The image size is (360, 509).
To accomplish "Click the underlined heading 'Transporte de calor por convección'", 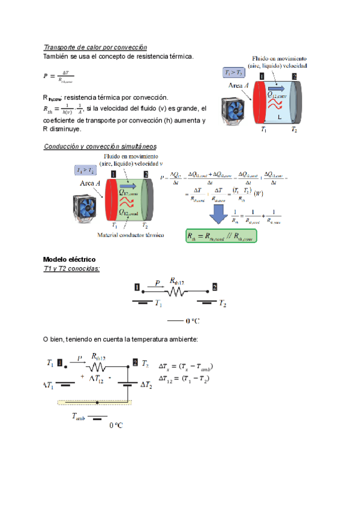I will pyautogui.click(x=95, y=47).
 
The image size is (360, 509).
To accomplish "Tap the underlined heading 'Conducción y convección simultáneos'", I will pyautogui.click(x=100, y=146).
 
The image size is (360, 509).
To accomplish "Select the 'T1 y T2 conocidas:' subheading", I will pyautogui.click(x=71, y=268).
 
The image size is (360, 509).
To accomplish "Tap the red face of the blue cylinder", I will pyautogui.click(x=260, y=101).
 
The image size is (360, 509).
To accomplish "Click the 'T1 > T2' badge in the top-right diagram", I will pyautogui.click(x=233, y=73).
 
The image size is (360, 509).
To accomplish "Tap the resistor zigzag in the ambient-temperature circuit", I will pyautogui.click(x=98, y=367).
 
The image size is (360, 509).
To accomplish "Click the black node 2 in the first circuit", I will pyautogui.click(x=215, y=286).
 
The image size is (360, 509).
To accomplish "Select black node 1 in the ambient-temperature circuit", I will pyautogui.click(x=59, y=363).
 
